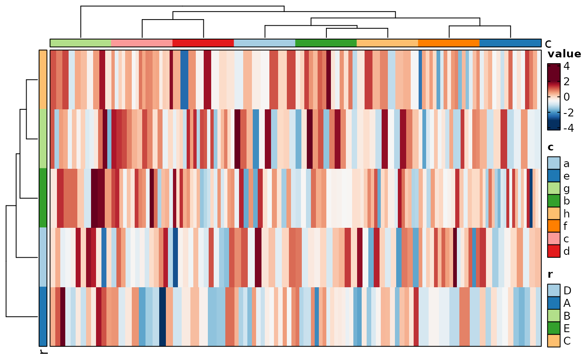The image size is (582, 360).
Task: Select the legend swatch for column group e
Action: (x=553, y=176)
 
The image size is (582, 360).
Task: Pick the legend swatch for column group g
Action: (x=553, y=188)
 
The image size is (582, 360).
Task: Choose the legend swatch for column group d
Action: (x=553, y=251)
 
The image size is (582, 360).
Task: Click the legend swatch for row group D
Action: (x=553, y=290)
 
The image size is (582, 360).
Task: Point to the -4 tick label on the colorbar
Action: (x=566, y=128)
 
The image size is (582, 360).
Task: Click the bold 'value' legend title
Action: (x=564, y=54)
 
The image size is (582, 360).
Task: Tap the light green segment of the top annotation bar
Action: (x=81, y=43)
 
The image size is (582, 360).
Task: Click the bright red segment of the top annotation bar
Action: (x=203, y=43)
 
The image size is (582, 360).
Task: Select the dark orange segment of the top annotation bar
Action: (x=449, y=43)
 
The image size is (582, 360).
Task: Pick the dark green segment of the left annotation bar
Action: (x=43, y=197)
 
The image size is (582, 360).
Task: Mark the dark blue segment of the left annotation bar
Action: (x=43, y=316)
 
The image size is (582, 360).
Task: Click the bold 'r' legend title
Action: (x=550, y=274)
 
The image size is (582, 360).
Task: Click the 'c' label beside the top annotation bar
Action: (x=548, y=43)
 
